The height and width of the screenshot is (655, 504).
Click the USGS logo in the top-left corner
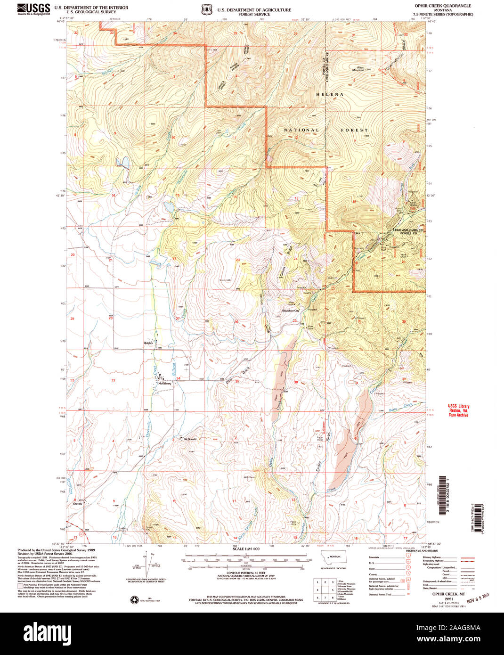[x=34, y=9]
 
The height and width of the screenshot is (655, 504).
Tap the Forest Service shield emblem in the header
[x=205, y=9]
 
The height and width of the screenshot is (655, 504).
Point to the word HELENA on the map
[x=330, y=94]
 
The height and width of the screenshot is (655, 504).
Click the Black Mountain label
[x=360, y=68]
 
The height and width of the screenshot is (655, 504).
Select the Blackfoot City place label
[x=291, y=311]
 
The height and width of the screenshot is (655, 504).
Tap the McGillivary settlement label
[x=164, y=383]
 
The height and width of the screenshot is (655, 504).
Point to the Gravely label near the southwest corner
[x=77, y=504]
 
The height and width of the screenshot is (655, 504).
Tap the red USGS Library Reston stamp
[x=458, y=410]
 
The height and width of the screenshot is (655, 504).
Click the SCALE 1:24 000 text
[x=246, y=549]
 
